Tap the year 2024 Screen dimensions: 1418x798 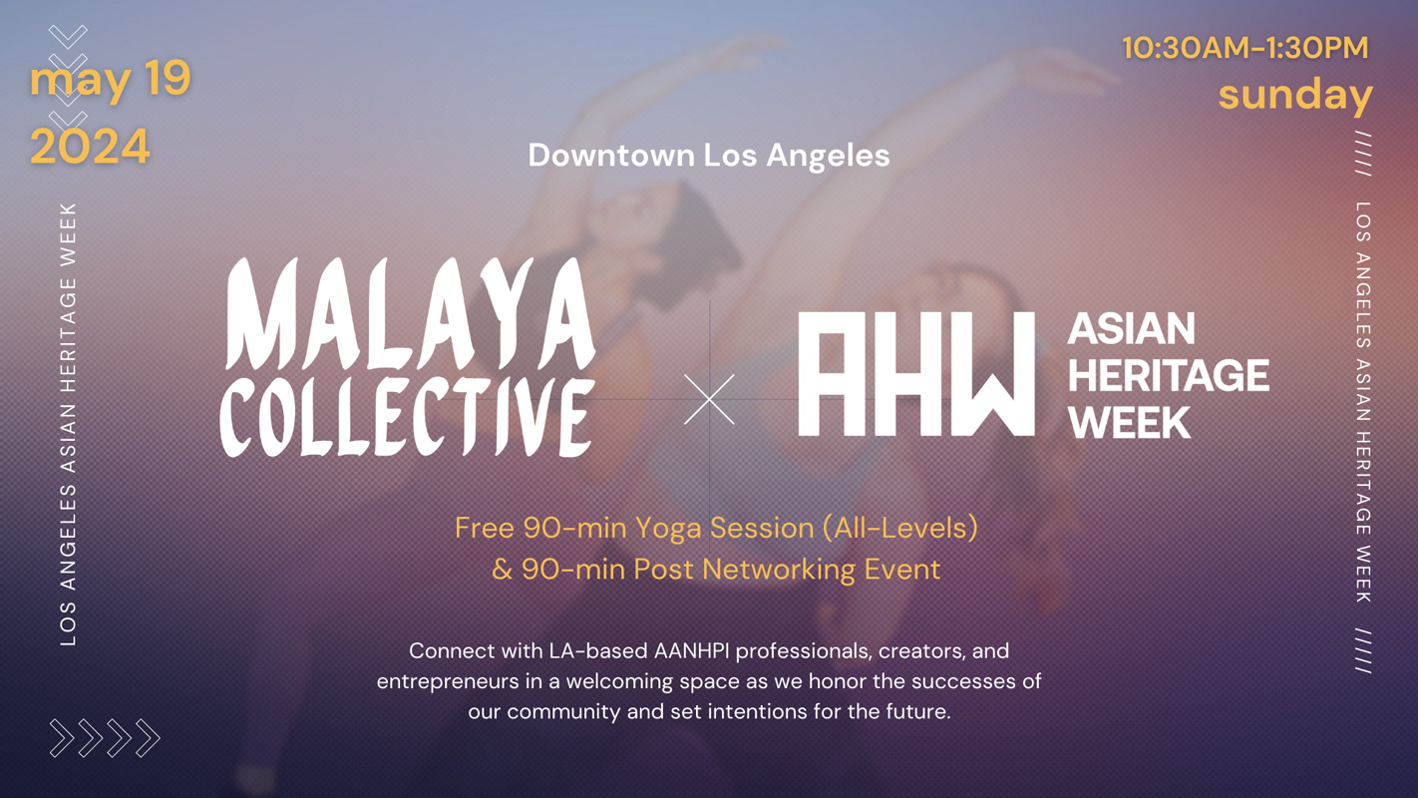pyautogui.click(x=90, y=147)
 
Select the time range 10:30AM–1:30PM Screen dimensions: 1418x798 pyautogui.click(x=1245, y=48)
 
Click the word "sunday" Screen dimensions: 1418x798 pyautogui.click(x=1295, y=96)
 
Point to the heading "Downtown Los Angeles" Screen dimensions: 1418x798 pyautogui.click(x=709, y=156)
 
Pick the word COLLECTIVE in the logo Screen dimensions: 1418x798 pyautogui.click(x=407, y=416)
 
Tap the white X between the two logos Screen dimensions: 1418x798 pyautogui.click(x=709, y=399)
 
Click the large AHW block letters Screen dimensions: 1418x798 pyautogui.click(x=916, y=374)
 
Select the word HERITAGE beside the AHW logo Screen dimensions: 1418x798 pyautogui.click(x=1169, y=376)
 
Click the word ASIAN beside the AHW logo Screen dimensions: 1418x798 pyautogui.click(x=1131, y=329)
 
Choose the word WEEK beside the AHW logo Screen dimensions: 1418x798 pyautogui.click(x=1130, y=422)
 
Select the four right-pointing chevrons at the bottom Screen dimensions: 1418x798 pyautogui.click(x=105, y=738)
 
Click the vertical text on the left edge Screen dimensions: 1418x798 pyautogui.click(x=68, y=424)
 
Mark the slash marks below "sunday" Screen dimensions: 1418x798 pyautogui.click(x=1363, y=154)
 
